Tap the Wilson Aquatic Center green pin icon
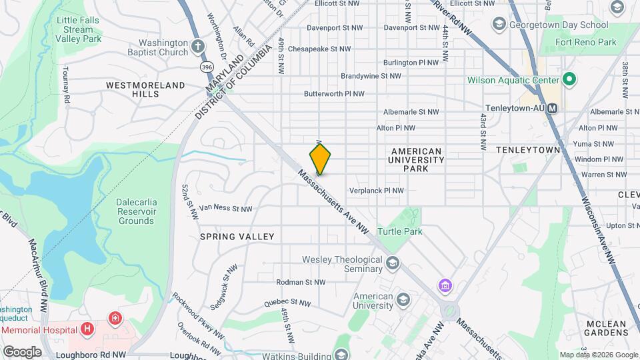[569, 81]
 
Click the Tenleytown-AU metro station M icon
[553, 107]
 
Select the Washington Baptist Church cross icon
[197, 47]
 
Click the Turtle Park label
[399, 231]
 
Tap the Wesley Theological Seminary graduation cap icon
[393, 263]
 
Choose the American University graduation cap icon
[402, 300]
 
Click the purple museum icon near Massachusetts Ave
[445, 285]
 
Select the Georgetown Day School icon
[498, 25]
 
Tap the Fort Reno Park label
[587, 42]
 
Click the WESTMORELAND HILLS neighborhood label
[145, 90]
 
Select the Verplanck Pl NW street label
[377, 191]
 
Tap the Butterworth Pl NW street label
[334, 95]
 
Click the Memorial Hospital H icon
[86, 328]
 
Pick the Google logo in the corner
[21, 351]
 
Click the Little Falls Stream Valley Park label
[79, 30]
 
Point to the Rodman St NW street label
[300, 282]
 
